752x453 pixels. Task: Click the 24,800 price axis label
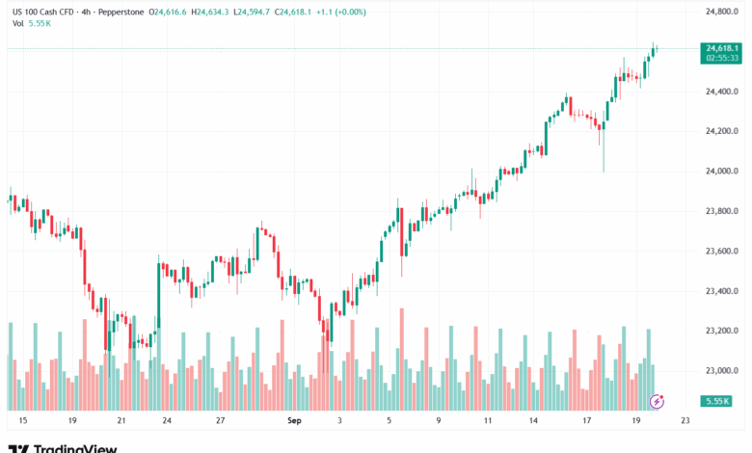point(722,12)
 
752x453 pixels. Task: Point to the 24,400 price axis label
point(722,92)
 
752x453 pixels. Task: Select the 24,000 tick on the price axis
point(722,172)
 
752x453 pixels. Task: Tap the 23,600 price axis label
point(722,252)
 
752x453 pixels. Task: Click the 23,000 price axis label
point(722,371)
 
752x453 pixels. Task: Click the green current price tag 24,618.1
point(722,48)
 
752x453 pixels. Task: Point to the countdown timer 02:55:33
point(722,58)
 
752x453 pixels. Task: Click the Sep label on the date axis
point(295,421)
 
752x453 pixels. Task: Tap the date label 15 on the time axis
point(22,421)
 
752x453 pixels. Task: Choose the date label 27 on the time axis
point(220,421)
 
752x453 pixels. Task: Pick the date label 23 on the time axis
point(684,421)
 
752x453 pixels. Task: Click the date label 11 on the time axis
point(488,421)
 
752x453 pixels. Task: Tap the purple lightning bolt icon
point(658,400)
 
